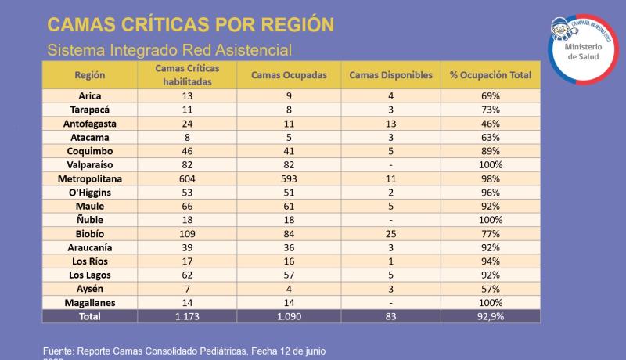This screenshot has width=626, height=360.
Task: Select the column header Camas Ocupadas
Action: click(x=289, y=75)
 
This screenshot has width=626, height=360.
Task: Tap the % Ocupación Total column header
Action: click(x=491, y=75)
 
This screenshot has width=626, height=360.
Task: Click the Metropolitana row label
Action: click(x=90, y=178)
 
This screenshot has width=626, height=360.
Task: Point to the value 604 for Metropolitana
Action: click(x=187, y=178)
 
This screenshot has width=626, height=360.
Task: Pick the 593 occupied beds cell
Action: click(x=289, y=178)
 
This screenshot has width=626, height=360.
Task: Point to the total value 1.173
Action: click(x=187, y=315)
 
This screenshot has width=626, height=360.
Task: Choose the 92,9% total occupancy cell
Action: click(x=491, y=315)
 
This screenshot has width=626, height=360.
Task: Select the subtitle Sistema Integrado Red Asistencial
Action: click(x=169, y=49)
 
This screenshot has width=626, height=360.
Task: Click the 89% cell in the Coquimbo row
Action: click(x=491, y=151)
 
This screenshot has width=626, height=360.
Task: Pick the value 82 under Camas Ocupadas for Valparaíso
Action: click(x=289, y=165)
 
